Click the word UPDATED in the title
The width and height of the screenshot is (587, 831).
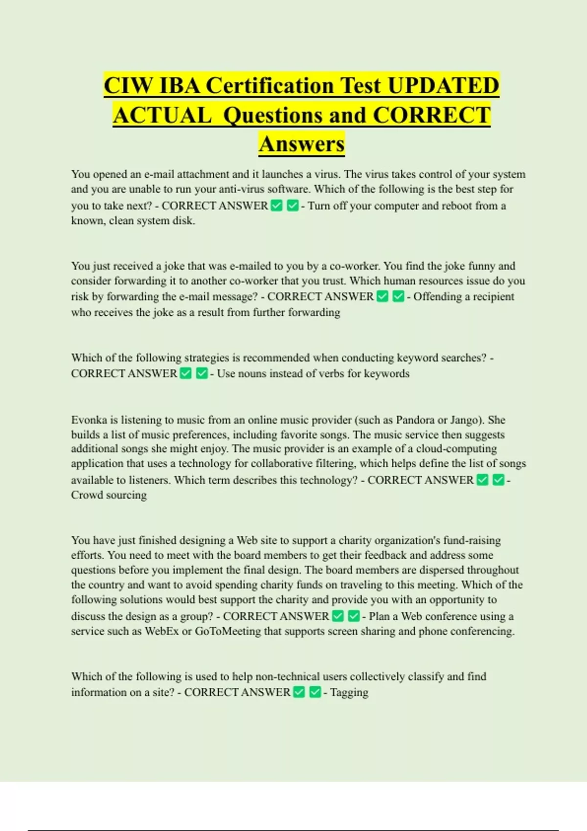coord(443,86)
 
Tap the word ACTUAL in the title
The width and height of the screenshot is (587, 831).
coord(162,115)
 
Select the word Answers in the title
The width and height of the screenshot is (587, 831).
coord(302,144)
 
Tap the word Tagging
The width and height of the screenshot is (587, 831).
coord(349,692)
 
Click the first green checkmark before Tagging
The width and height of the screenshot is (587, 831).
coord(299,692)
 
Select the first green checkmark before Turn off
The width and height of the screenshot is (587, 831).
coord(277,206)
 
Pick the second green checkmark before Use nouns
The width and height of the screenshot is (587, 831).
coord(202,373)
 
